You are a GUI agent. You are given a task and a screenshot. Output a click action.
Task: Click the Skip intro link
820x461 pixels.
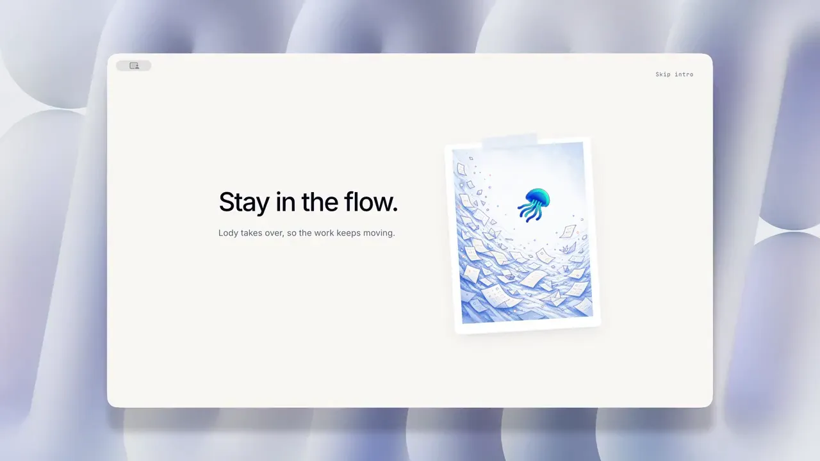pyautogui.click(x=675, y=74)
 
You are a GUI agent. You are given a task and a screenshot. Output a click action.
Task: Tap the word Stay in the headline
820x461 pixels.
pyautogui.click(x=244, y=202)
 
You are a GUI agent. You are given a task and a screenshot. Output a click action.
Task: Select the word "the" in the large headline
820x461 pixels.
pyautogui.click(x=320, y=202)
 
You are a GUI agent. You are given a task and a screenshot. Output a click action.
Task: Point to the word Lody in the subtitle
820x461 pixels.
pyautogui.click(x=228, y=233)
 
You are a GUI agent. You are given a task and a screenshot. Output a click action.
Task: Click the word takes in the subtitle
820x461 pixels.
pyautogui.click(x=252, y=232)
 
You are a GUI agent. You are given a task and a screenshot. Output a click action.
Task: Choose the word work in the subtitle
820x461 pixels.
pyautogui.click(x=324, y=232)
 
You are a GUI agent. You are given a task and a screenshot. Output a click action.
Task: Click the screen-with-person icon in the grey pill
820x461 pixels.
pyautogui.click(x=134, y=65)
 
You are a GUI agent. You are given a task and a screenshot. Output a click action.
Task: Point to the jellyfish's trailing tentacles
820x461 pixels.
pyautogui.click(x=529, y=213)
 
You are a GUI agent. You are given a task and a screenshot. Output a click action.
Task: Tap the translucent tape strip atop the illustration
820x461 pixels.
pyautogui.click(x=509, y=142)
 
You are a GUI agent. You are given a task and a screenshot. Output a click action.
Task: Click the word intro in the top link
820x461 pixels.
pyautogui.click(x=684, y=74)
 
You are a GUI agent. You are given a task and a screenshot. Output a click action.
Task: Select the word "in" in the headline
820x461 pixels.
pyautogui.click(x=286, y=202)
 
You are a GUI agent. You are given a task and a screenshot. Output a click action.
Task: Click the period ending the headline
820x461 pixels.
pyautogui.click(x=395, y=210)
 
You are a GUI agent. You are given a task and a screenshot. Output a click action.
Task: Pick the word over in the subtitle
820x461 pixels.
pyautogui.click(x=274, y=233)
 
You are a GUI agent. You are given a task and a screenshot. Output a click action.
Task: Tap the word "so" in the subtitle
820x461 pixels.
pyautogui.click(x=291, y=234)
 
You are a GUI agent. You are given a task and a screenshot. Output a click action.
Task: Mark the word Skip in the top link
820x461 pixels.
pyautogui.click(x=663, y=74)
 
